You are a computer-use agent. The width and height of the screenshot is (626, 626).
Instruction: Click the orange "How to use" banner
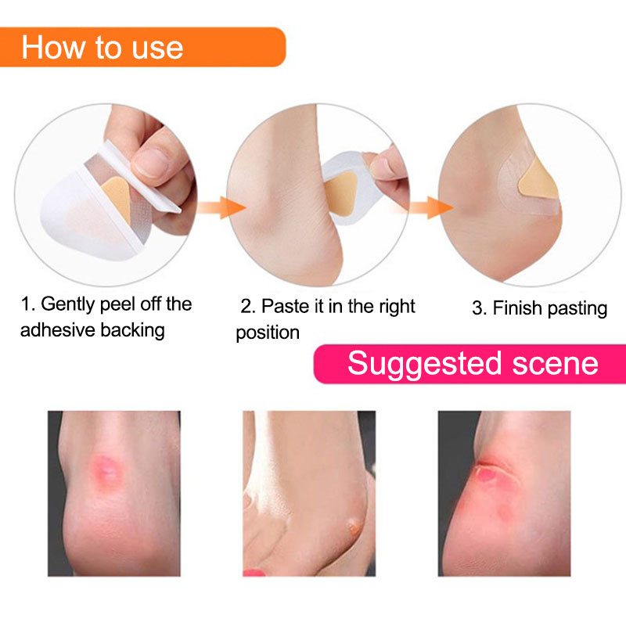pos(142,47)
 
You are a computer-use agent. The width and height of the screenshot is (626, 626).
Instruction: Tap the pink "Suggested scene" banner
pos(470,364)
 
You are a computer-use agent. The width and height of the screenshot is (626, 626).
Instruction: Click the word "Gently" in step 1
pos(67,304)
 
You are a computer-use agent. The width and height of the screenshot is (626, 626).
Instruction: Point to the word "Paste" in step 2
pos(285,307)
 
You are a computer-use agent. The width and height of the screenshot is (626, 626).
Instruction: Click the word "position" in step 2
pos(268,333)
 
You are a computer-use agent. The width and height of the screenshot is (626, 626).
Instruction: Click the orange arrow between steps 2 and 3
pos(430,207)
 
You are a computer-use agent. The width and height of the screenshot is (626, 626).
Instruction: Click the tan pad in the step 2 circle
pos(340,194)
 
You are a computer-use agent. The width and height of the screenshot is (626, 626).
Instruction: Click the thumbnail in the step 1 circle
pos(150,162)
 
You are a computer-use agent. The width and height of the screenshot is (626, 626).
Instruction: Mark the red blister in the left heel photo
pos(106,470)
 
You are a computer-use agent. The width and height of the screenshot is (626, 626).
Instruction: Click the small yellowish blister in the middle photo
pos(354,527)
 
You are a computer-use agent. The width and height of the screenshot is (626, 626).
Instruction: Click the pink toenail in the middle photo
pos(254,573)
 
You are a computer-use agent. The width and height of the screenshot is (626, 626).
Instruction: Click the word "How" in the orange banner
pos(53,48)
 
